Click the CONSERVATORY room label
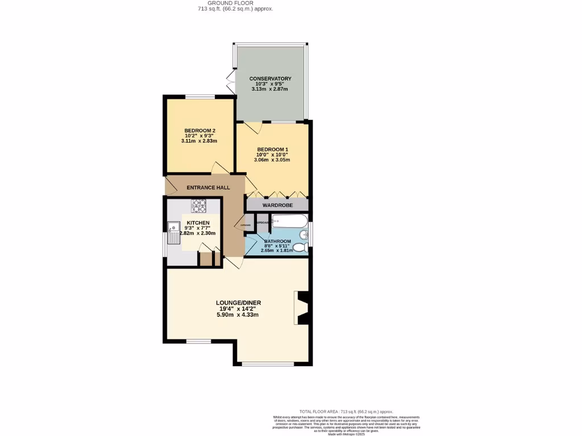(x=271, y=79)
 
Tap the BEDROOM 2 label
(x=199, y=131)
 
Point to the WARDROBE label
(x=277, y=204)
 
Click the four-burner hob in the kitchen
(x=199, y=206)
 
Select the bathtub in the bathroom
(x=289, y=221)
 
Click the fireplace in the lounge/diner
(x=304, y=308)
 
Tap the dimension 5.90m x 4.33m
(x=238, y=315)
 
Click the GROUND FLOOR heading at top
(x=235, y=3)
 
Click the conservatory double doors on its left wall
(x=230, y=82)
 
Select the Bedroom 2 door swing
(x=219, y=167)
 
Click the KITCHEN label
(x=198, y=223)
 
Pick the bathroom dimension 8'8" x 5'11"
(x=277, y=246)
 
